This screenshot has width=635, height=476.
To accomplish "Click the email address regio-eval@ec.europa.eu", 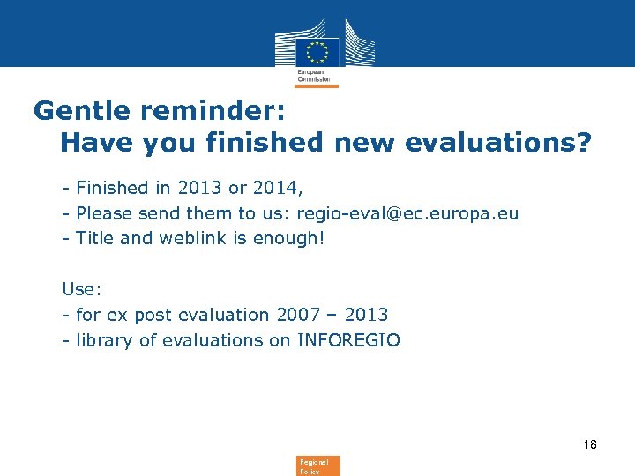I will coord(407,212).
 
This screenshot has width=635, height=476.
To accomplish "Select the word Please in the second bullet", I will coord(105,212).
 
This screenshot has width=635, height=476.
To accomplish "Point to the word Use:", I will coord(78,288).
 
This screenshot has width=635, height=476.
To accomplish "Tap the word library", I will coord(105,339).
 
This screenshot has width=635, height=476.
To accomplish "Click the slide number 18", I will coord(589,444).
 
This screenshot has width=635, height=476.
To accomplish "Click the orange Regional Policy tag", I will coord(317,465).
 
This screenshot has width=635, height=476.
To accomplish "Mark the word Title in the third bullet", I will coord(94,238).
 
